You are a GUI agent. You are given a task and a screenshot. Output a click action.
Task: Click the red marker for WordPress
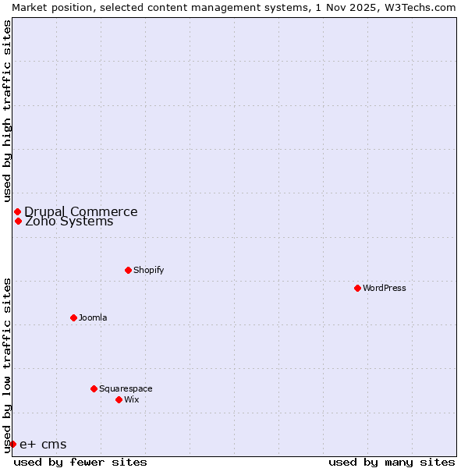[357, 288]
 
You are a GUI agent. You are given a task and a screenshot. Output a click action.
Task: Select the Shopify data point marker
[128, 270]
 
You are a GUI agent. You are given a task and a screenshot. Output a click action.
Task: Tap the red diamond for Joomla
[73, 317]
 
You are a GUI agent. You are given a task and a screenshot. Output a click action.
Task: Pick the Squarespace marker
[94, 388]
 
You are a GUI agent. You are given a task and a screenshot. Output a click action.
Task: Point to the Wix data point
[119, 399]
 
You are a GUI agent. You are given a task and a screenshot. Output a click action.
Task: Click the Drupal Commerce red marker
[17, 211]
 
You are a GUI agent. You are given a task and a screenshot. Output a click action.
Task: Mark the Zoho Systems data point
[18, 221]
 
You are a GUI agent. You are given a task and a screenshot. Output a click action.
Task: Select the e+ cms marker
[12, 444]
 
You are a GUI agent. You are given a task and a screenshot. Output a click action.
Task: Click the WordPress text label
[384, 288]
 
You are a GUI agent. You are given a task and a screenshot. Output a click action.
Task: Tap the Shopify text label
[148, 270]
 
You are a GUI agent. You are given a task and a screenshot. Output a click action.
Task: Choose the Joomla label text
[93, 317]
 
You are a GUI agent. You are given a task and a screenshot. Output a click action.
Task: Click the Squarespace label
[126, 388]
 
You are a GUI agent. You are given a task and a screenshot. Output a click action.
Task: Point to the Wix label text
[131, 399]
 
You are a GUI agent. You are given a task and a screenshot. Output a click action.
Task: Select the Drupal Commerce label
[80, 211]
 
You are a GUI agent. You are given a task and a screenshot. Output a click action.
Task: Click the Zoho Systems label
[69, 222]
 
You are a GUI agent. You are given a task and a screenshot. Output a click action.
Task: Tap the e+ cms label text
[43, 445]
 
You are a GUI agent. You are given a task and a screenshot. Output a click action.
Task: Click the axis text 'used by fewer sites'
[80, 462]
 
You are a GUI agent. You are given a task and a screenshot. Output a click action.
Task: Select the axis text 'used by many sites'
[392, 462]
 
